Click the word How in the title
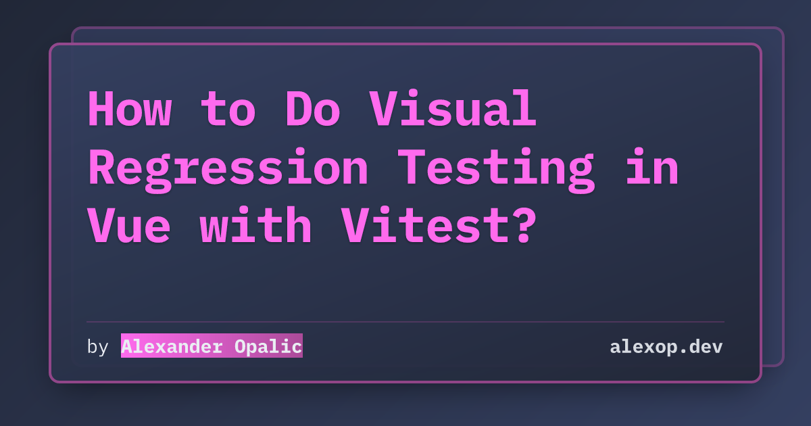(x=130, y=109)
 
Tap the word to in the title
(x=228, y=110)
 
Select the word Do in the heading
(x=313, y=109)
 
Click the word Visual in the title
(x=453, y=108)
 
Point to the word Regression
(x=228, y=170)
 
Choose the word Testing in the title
(x=496, y=170)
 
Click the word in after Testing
(x=652, y=166)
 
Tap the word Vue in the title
(x=129, y=225)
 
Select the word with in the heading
(x=255, y=224)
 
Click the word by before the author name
(x=98, y=347)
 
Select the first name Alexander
(x=172, y=347)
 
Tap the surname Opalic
(x=268, y=347)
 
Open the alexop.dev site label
(x=666, y=347)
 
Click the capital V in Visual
(x=384, y=109)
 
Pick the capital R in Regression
(x=102, y=167)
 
